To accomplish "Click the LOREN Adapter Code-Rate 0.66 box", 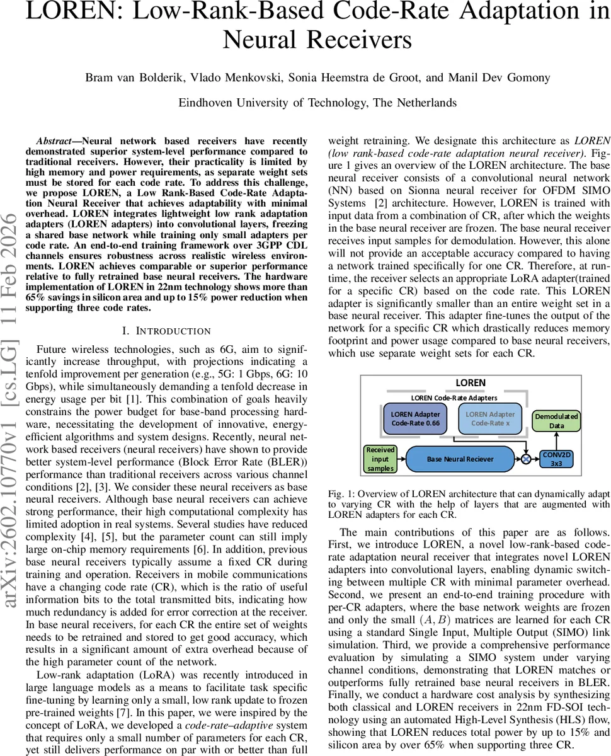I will click(415, 419).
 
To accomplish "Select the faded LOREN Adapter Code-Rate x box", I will click(489, 419).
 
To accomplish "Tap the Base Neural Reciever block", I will click(460, 459).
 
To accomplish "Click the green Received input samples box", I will click(380, 459).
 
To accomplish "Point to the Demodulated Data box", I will click(556, 421).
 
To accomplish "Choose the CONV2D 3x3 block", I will click(557, 459).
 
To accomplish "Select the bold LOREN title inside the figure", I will click(470, 382).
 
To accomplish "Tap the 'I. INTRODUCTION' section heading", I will click(166, 331).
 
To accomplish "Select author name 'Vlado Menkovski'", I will click(220, 78).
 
